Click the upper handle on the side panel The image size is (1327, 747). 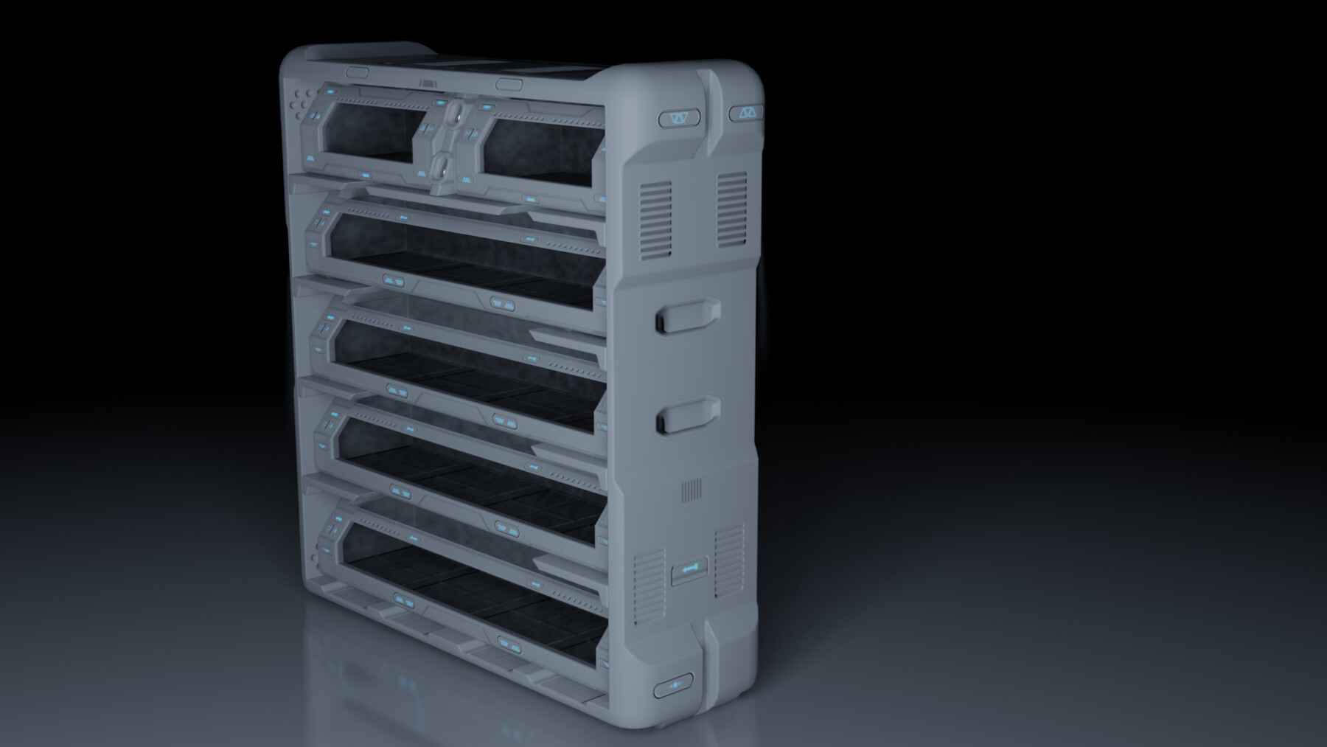click(x=686, y=315)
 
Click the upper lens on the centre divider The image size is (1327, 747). click(x=454, y=114)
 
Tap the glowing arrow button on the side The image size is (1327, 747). click(x=690, y=569)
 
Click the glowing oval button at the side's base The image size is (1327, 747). click(x=673, y=687)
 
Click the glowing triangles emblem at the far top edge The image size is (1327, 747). click(x=746, y=113)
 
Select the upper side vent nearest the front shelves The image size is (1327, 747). click(x=655, y=219)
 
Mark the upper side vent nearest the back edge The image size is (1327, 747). click(x=731, y=209)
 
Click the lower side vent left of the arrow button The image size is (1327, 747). click(x=649, y=586)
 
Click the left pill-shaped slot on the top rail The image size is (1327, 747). click(x=357, y=73)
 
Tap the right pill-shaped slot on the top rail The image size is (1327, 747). click(x=509, y=85)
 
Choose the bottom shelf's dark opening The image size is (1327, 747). click(x=472, y=583)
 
